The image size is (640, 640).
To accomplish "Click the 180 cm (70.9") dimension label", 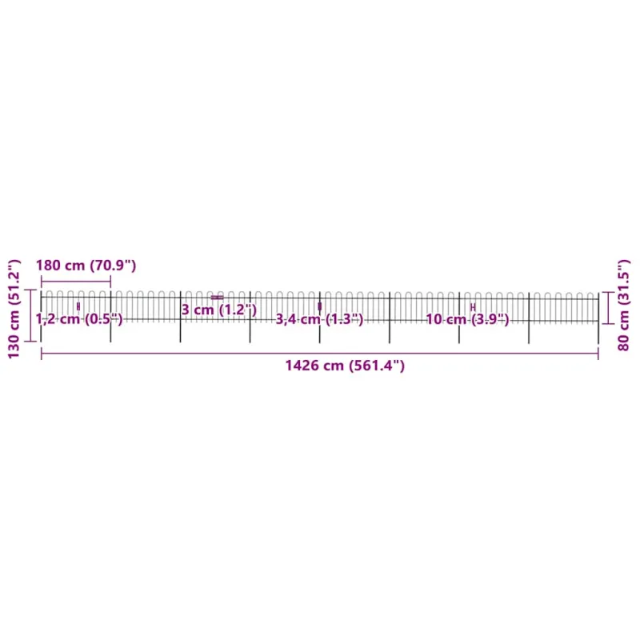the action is [x=86, y=266].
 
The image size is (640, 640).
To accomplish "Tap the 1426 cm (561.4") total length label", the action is [x=345, y=366].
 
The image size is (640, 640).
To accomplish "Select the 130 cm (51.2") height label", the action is [x=14, y=309].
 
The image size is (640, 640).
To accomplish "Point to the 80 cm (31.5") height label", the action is [x=624, y=306].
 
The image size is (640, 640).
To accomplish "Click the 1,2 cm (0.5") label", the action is [x=79, y=318].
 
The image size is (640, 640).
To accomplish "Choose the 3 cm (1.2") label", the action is [x=219, y=310].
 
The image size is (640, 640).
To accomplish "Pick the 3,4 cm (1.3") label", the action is [x=319, y=319].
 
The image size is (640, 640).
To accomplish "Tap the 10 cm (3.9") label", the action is [x=468, y=319].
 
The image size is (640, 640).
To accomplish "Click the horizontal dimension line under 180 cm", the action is [x=76, y=282].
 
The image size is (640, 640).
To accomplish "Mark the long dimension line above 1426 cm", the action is [x=320, y=354].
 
